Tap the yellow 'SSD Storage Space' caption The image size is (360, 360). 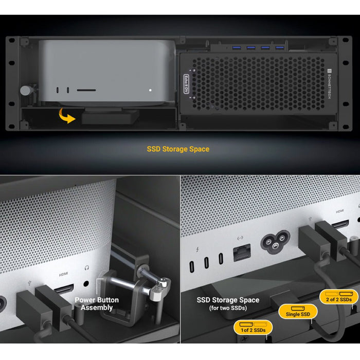178,150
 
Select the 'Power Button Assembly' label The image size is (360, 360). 97,303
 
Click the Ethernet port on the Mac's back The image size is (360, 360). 240,253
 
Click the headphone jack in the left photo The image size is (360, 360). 86,282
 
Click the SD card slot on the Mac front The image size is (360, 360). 86,91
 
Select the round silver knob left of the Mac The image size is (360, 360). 25,91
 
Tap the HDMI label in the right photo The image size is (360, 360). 339,211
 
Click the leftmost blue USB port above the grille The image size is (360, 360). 237,48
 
